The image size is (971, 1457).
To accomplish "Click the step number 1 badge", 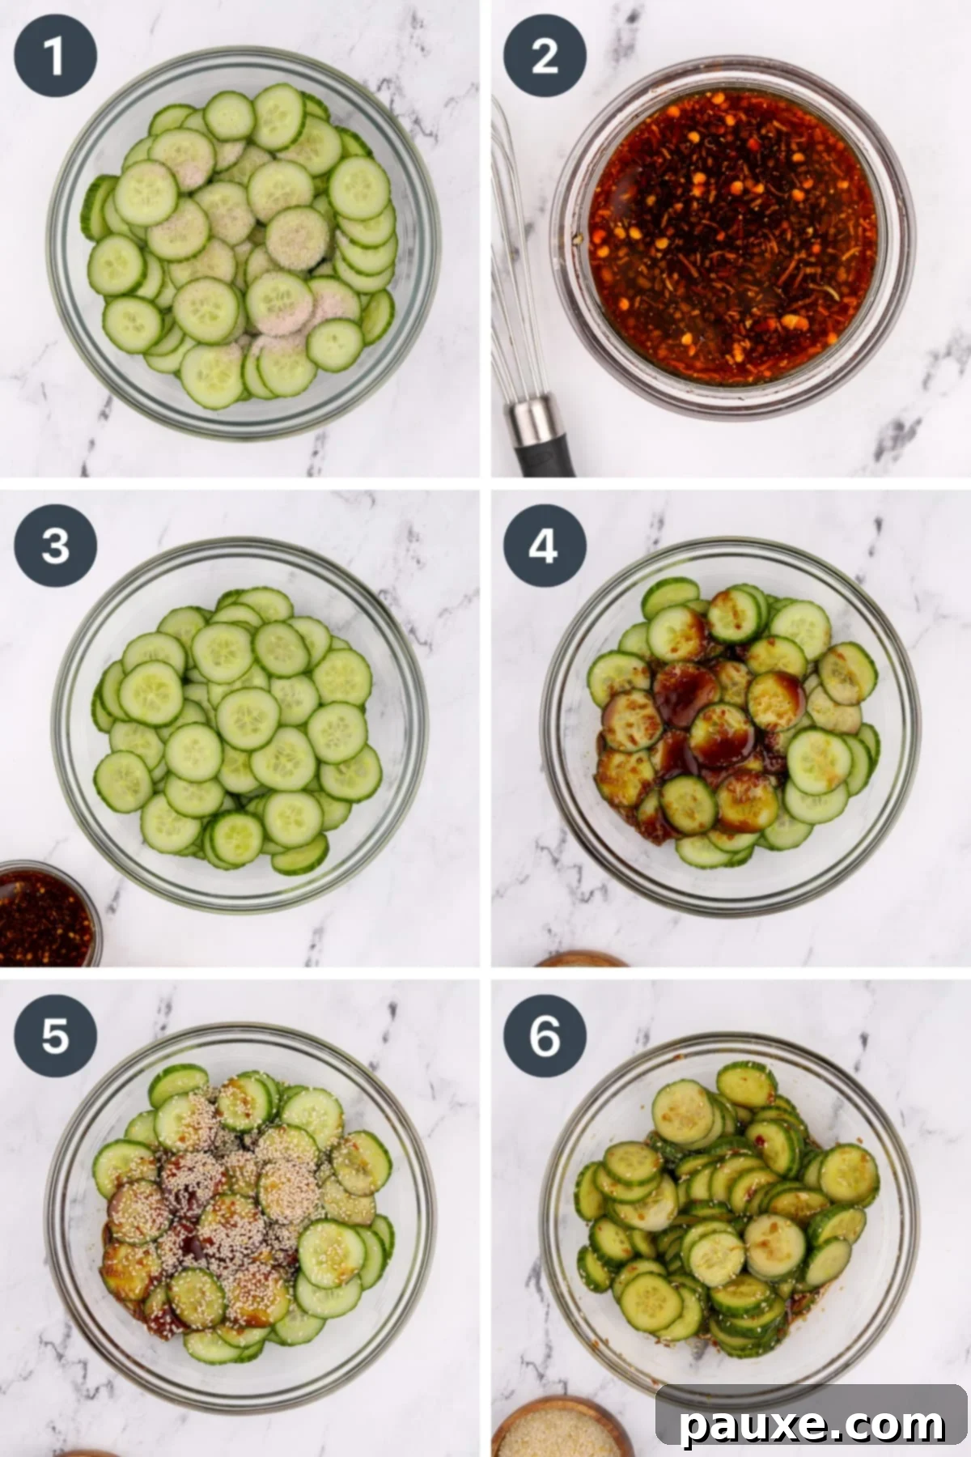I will [55, 57].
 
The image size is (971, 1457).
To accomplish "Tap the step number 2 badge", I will [545, 57].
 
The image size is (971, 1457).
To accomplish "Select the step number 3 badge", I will [55, 546].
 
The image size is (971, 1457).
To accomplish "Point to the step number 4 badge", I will [545, 546].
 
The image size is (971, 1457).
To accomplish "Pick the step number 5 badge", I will [55, 1035].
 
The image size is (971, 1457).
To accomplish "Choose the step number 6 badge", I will [545, 1035].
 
